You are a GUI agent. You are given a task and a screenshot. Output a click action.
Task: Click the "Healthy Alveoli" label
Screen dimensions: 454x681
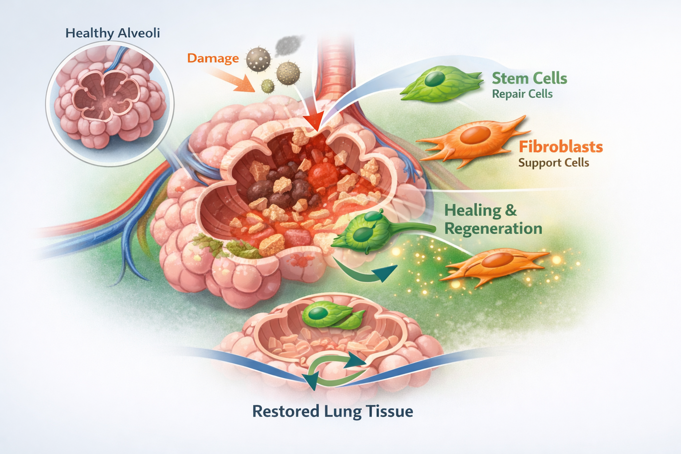tap(113, 33)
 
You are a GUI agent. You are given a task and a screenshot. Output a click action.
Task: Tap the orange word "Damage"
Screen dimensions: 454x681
tap(213, 58)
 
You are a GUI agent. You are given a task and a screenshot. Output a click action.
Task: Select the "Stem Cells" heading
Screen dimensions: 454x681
tap(529, 78)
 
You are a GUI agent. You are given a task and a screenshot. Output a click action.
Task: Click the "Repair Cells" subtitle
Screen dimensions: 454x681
tap(522, 94)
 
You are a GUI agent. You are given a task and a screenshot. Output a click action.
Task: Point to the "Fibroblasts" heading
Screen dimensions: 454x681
tap(560, 147)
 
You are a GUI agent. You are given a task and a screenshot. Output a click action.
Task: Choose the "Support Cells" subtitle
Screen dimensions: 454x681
tap(553, 163)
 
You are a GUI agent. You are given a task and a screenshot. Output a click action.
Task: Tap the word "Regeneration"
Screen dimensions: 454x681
tap(493, 229)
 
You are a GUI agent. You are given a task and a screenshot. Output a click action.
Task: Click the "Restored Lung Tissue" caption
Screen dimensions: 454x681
tap(333, 411)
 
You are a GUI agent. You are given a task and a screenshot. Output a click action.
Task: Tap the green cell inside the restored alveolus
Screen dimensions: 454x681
tap(330, 315)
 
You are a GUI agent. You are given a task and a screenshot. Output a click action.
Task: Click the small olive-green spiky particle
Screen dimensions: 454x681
tap(267, 86)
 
